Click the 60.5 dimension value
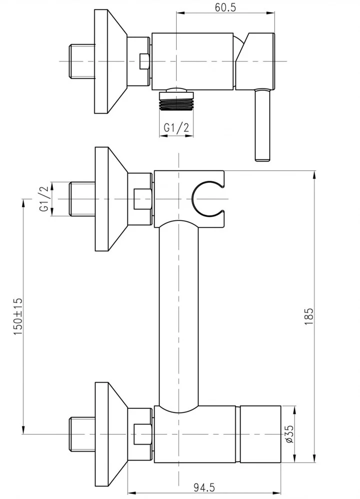[x=225, y=7]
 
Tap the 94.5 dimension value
[x=204, y=487]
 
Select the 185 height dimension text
[x=309, y=316]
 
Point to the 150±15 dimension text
[x=18, y=316]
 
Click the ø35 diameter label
[x=289, y=435]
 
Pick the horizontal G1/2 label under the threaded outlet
[x=176, y=128]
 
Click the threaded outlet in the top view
[x=176, y=101]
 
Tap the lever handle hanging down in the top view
[x=263, y=125]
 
